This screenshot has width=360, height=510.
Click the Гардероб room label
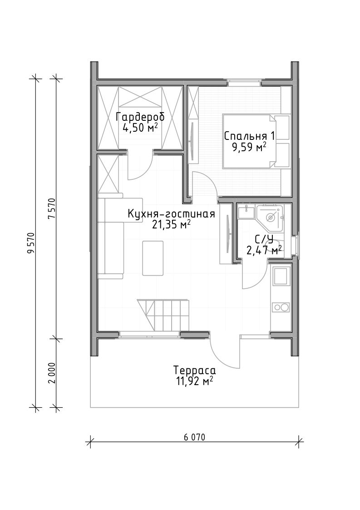click(x=140, y=117)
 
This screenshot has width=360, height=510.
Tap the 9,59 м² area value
click(x=249, y=148)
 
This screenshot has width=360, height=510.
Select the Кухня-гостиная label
click(x=172, y=214)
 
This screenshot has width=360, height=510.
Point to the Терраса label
click(x=194, y=371)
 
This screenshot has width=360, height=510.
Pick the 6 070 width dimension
click(x=194, y=437)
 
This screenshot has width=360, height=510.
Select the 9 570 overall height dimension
click(x=31, y=243)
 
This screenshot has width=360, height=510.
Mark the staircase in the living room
click(x=163, y=315)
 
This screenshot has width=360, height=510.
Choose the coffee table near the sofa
click(x=153, y=258)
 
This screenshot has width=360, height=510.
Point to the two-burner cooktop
click(x=281, y=307)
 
